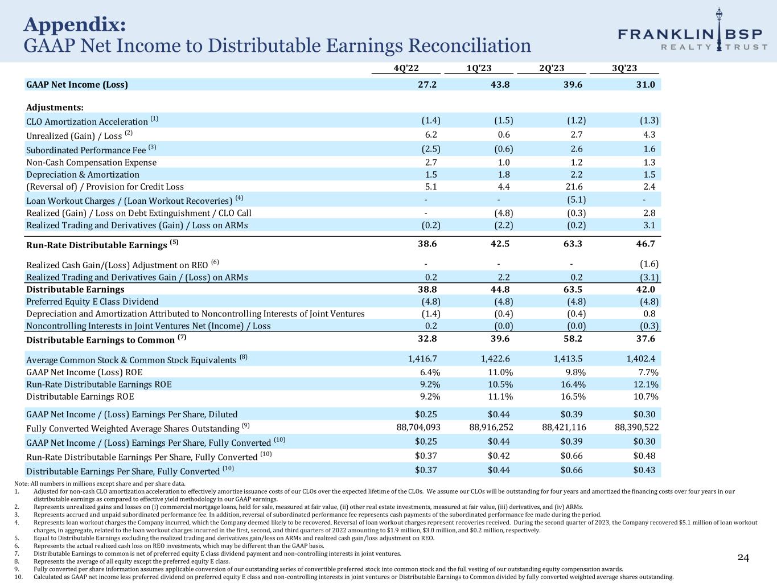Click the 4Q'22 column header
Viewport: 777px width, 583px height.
coord(406,68)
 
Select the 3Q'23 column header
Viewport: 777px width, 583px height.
coord(624,68)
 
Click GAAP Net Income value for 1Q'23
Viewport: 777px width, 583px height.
coord(498,85)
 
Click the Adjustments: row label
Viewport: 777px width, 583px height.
coord(55,107)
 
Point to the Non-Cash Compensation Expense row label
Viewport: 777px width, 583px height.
coord(91,162)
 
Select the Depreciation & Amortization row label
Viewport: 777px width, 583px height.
coord(83,174)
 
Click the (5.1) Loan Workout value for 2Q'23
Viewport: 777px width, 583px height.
coord(576,199)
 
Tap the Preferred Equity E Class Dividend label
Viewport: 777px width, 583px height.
coord(92,301)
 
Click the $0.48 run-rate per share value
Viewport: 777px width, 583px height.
coord(644,456)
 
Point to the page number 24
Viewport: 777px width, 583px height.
coord(743,557)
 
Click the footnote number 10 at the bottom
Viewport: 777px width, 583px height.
coord(17,577)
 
